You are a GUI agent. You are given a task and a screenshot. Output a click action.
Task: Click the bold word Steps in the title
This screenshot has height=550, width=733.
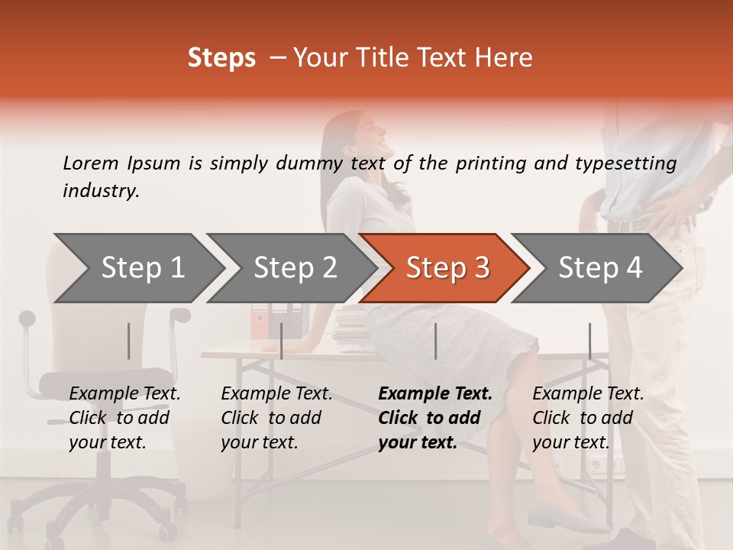click(x=221, y=58)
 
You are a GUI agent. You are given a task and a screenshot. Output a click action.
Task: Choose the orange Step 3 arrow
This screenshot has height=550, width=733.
click(x=445, y=267)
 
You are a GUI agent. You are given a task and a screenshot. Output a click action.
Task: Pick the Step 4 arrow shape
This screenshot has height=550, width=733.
click(x=598, y=267)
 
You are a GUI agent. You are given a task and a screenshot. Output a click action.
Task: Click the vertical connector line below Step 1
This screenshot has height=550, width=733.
click(x=128, y=341)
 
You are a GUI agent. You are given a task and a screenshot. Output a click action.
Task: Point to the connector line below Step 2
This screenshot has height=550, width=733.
click(x=282, y=341)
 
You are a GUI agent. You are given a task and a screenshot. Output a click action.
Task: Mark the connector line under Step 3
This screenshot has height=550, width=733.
click(x=435, y=341)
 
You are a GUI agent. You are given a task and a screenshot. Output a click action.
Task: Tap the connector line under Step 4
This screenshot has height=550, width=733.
click(x=589, y=341)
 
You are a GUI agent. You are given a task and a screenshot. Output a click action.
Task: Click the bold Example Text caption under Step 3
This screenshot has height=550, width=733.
click(x=435, y=418)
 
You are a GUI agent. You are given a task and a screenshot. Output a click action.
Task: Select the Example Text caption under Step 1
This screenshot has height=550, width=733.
click(x=124, y=418)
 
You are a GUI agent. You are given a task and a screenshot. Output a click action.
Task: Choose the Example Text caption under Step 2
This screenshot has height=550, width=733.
click(x=276, y=418)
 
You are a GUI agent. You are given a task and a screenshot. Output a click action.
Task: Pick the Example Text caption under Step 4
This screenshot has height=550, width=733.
click(x=588, y=418)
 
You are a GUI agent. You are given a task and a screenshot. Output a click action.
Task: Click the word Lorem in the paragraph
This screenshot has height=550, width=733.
click(x=90, y=163)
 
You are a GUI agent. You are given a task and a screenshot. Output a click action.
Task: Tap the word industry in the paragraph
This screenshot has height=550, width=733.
click(x=100, y=191)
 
